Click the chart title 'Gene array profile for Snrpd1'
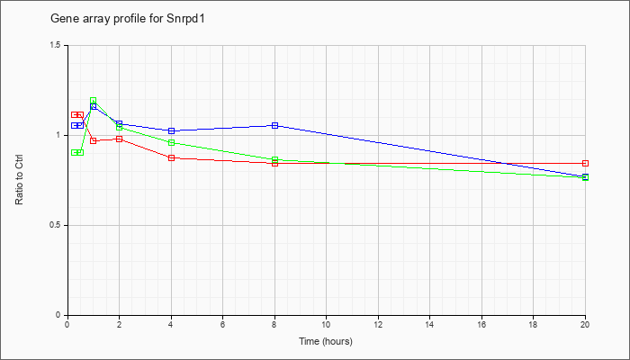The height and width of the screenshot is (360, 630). coord(128,19)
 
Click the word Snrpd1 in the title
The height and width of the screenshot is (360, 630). coord(186,19)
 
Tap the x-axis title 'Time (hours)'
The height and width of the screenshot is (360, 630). coord(326,341)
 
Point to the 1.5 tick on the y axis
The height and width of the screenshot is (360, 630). coord(56,45)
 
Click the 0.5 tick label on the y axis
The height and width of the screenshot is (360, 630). coord(56,225)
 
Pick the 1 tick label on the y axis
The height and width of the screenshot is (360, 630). coord(58,135)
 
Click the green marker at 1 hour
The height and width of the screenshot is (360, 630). coord(94,101)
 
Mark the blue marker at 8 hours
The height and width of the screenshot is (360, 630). coord(274,125)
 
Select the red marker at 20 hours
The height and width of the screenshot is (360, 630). coord(585,163)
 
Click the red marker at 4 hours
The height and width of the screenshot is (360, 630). coord(172,157)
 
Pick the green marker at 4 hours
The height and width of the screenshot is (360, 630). coord(172,142)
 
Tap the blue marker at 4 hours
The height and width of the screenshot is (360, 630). coord(172,131)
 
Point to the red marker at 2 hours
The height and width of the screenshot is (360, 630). coord(120,139)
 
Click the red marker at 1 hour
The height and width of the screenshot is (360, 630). coord(94,140)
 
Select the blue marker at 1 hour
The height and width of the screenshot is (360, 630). coord(94,106)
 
